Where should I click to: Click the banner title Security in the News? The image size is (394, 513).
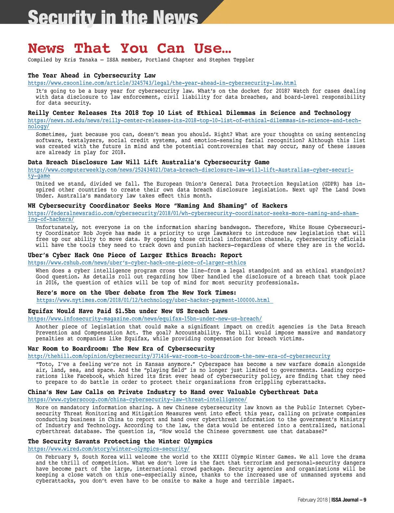(x=113, y=17)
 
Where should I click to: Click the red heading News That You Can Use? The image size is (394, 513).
(x=129, y=49)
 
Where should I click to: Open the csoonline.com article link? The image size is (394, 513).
(x=162, y=83)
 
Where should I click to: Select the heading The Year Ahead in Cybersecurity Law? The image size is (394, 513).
(x=92, y=75)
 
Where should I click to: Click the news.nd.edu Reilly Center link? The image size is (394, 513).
(x=194, y=120)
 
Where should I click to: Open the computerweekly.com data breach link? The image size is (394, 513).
(x=190, y=170)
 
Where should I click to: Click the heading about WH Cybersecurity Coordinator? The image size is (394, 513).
(x=157, y=206)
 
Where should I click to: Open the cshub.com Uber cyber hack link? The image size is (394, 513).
(x=137, y=263)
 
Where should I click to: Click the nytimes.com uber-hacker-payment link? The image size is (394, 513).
(x=153, y=300)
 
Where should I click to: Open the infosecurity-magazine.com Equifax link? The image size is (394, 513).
(x=144, y=319)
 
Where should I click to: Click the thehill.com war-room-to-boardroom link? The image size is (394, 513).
(x=179, y=356)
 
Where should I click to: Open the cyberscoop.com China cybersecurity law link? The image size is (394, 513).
(x=137, y=400)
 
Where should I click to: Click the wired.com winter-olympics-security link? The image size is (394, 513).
(x=109, y=449)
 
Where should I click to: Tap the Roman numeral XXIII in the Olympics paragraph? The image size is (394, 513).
(x=221, y=457)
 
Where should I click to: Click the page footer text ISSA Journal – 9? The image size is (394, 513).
(x=349, y=500)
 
